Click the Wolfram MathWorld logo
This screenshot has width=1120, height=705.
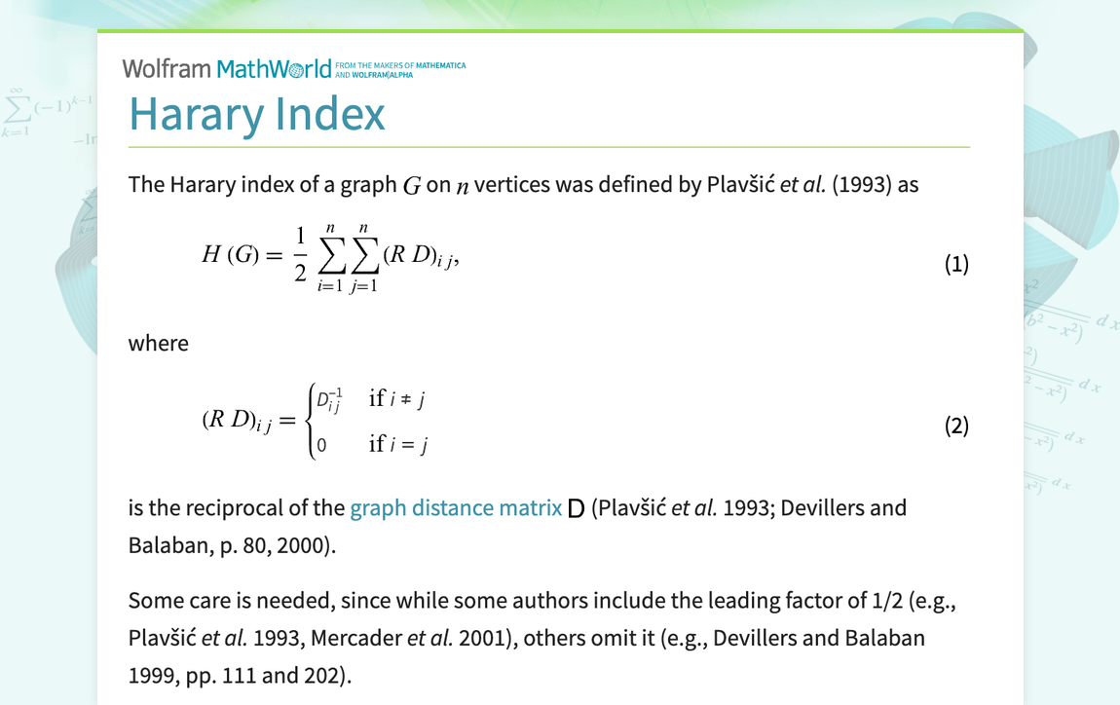coord(234,68)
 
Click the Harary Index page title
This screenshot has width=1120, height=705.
coord(257,114)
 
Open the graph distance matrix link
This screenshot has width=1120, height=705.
coord(455,508)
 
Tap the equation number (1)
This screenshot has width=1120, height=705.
coord(956,264)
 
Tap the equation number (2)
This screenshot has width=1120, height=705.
coord(956,426)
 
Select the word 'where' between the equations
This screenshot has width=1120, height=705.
coord(158,343)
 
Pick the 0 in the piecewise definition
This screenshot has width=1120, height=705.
coord(321,445)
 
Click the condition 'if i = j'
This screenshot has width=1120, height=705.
coord(398,445)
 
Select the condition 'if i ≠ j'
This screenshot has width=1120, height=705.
coord(398,398)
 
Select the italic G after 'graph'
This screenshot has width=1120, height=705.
coord(412,185)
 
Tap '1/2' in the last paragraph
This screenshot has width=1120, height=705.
coord(886,601)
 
